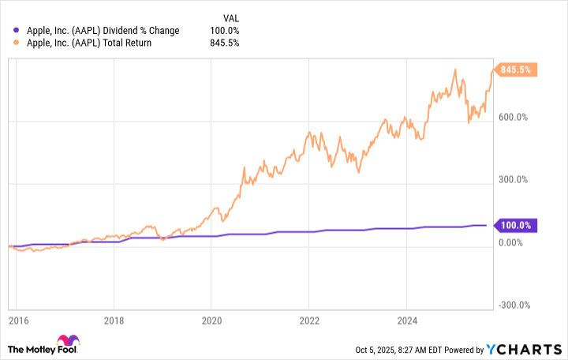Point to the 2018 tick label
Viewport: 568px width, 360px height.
[x=114, y=323]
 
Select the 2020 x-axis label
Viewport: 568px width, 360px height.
[x=211, y=323]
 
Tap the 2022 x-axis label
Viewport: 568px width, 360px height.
[x=308, y=323]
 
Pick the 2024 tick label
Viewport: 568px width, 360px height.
[x=405, y=323]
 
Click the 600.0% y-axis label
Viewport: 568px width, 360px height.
[x=518, y=118]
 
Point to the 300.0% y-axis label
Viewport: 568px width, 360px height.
[x=518, y=180]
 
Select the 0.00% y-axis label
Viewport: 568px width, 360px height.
[x=515, y=242]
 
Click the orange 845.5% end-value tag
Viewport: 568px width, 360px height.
[x=518, y=69]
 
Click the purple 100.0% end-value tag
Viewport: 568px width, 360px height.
[x=518, y=226]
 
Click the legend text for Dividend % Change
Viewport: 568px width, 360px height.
[x=103, y=31]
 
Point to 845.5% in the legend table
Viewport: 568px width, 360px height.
[x=225, y=43]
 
